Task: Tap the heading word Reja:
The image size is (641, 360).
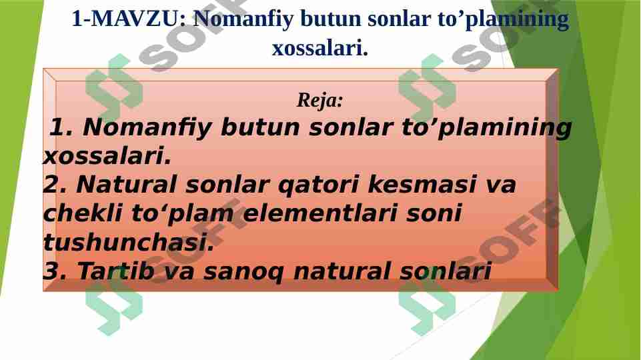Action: pyautogui.click(x=320, y=101)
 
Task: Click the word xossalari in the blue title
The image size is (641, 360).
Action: pyautogui.click(x=319, y=48)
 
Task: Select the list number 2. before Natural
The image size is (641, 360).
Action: pyautogui.click(x=55, y=185)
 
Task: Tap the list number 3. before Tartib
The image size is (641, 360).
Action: pyautogui.click(x=55, y=271)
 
